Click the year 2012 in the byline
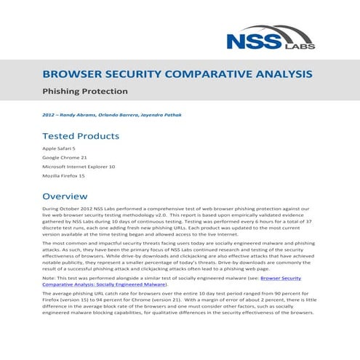tap(50, 115)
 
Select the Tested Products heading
tap(81, 136)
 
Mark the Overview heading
tap(65, 196)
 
